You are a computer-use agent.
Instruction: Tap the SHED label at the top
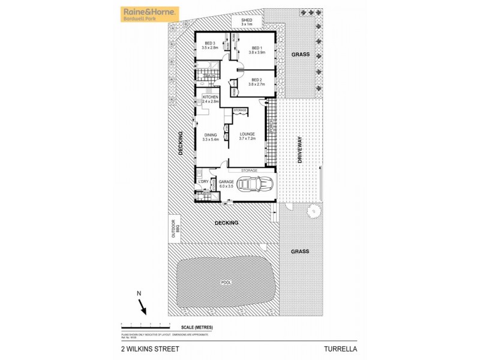[247, 20]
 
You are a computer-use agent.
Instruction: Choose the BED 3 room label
[209, 43]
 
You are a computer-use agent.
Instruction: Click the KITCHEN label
[210, 97]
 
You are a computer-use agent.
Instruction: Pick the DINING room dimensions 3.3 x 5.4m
[210, 139]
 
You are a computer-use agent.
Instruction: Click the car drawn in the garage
[256, 185]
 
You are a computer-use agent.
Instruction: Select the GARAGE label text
[226, 181]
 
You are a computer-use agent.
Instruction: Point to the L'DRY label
[203, 181]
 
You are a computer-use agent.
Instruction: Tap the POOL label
[226, 283]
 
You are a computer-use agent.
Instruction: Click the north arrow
[143, 307]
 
